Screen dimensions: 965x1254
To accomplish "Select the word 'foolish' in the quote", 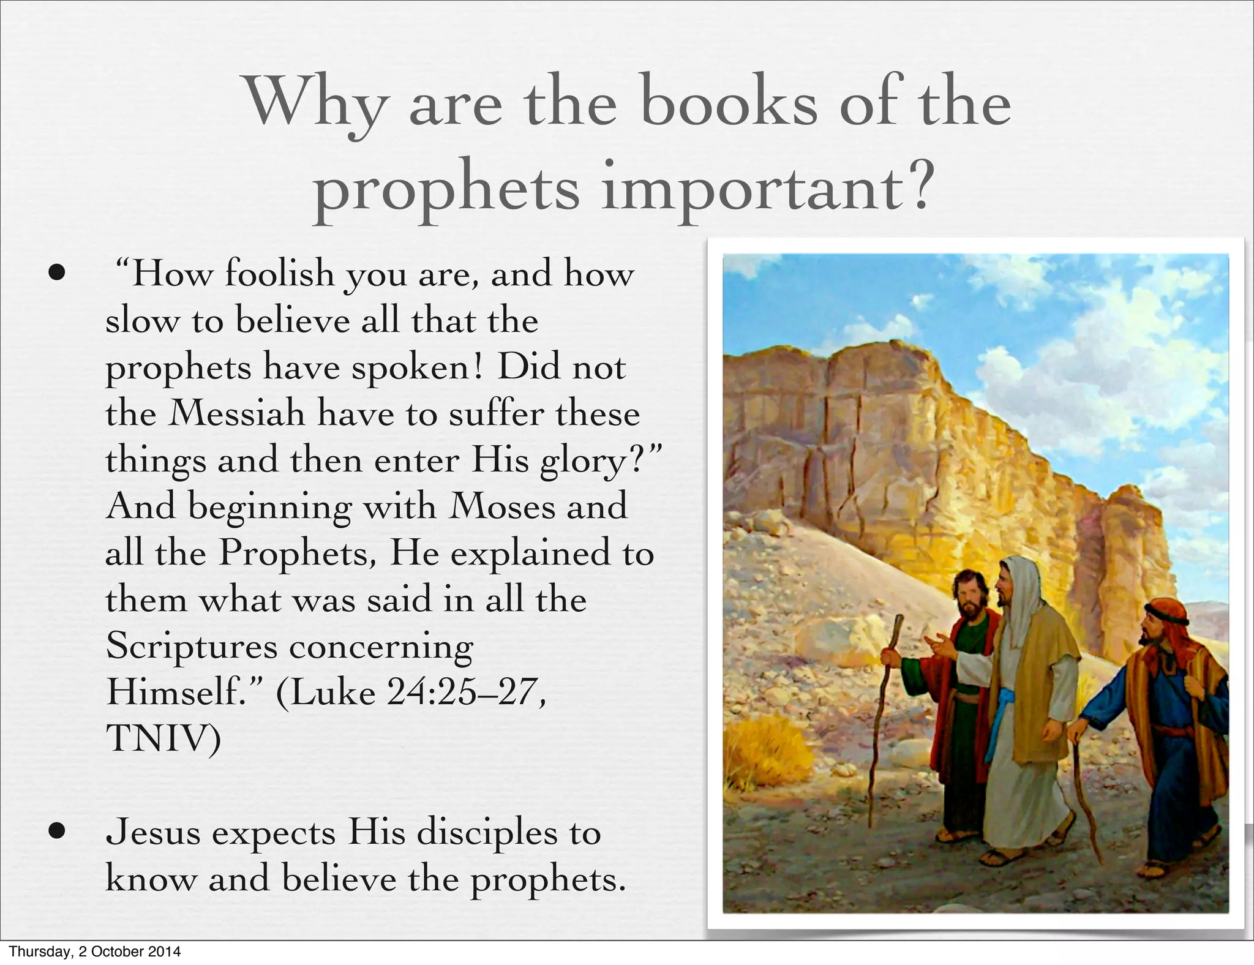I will (x=279, y=273).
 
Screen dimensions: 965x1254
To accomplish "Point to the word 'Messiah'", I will (x=236, y=413).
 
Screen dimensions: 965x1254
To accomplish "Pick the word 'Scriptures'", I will (x=192, y=647).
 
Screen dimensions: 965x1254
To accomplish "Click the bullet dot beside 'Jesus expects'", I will (x=58, y=833).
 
